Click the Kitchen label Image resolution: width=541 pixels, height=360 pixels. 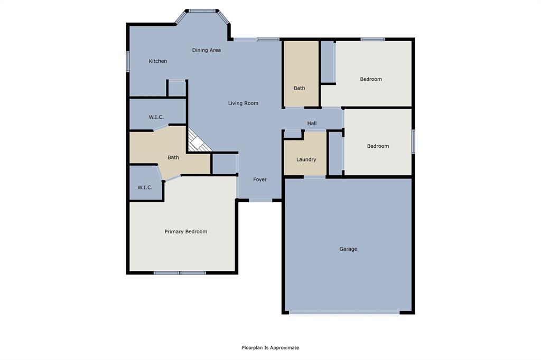pos(157,61)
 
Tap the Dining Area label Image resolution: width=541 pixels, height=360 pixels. pos(206,50)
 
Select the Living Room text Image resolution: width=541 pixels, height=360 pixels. pos(243,103)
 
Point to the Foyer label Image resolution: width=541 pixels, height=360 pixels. pos(260,180)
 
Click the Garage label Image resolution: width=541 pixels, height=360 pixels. pos(348,249)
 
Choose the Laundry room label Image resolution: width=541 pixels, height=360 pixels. pos(306,159)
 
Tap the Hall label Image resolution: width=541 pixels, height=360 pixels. pos(312,124)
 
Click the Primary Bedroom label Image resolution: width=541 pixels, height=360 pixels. pos(185,232)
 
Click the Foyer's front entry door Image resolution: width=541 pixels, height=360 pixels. pos(260,200)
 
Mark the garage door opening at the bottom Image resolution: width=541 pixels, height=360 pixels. pos(344,312)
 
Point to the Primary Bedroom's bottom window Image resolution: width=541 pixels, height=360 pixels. pos(180,273)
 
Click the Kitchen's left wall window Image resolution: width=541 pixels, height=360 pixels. pos(128,61)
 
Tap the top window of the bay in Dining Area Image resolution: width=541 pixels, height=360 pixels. pos(203,10)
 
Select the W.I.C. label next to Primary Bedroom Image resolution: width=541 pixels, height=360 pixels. pos(145,187)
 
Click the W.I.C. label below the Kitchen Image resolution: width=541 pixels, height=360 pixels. pos(156,117)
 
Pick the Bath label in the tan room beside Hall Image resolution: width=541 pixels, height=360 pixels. pos(300,88)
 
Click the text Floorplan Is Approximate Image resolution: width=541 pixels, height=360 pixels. pos(270,348)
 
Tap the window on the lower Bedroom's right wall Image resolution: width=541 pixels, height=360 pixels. pos(413,141)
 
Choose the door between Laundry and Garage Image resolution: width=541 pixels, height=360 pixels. pos(315,177)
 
